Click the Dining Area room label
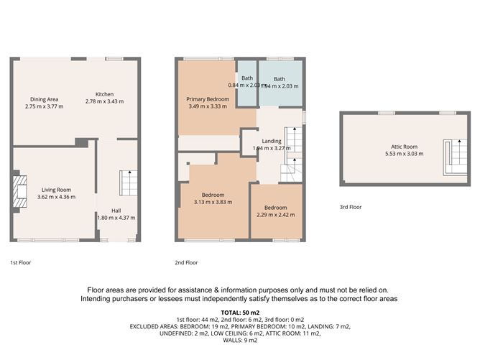pyautogui.click(x=44, y=99)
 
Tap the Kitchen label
pyautogui.click(x=105, y=95)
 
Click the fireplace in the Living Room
pyautogui.click(x=18, y=190)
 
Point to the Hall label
pyautogui.click(x=116, y=211)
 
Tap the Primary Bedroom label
pyautogui.click(x=207, y=98)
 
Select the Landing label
pyautogui.click(x=272, y=141)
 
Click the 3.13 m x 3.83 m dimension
pyautogui.click(x=213, y=202)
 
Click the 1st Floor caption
pyautogui.click(x=20, y=262)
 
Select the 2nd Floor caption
pyautogui.click(x=186, y=262)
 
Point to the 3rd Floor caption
pyautogui.click(x=351, y=207)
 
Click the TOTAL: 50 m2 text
pyautogui.click(x=240, y=313)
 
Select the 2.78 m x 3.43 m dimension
pyautogui.click(x=105, y=102)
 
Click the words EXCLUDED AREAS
pyautogui.click(x=154, y=326)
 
